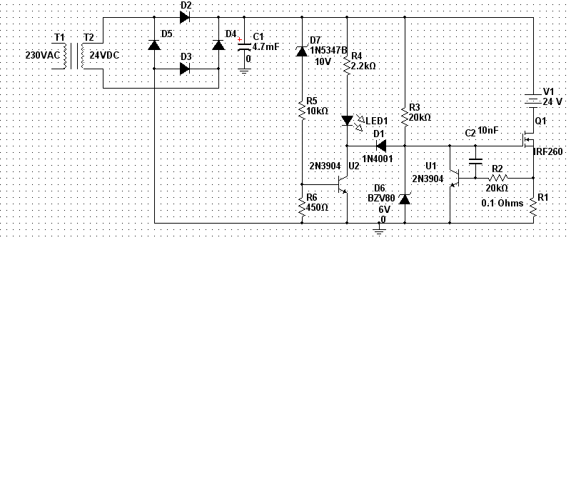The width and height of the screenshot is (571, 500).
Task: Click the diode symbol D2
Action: point(184,17)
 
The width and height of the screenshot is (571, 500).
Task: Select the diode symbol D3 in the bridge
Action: point(184,69)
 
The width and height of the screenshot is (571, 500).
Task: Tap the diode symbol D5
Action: point(154,44)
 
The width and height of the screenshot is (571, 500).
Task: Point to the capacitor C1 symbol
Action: point(244,47)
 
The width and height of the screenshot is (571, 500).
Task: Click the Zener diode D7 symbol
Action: point(301,50)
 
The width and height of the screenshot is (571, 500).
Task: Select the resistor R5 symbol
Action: point(301,110)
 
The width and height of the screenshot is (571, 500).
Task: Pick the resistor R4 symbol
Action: point(347,66)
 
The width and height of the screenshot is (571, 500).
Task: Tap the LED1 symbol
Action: point(347,121)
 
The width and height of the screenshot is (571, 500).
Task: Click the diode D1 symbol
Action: point(380,146)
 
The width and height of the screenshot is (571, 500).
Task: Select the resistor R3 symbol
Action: point(405,116)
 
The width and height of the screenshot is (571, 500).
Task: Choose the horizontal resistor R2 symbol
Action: point(497,177)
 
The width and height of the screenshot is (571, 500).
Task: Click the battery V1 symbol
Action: point(533,99)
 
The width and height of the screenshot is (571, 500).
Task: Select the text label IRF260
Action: point(548,152)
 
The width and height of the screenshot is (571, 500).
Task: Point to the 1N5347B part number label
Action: point(328,50)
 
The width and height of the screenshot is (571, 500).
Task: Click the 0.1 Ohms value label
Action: point(502,203)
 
